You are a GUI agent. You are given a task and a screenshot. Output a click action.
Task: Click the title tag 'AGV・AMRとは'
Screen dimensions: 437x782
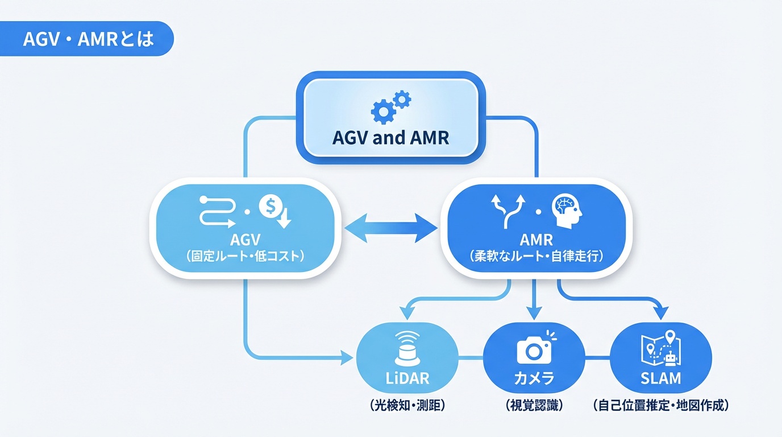(x=88, y=39)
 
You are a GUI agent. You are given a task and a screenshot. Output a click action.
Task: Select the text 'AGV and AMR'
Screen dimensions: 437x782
(x=391, y=138)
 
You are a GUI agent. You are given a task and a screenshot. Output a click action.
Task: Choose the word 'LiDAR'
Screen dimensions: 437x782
(x=406, y=378)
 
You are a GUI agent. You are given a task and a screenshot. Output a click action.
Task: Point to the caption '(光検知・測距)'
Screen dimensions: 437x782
(x=406, y=406)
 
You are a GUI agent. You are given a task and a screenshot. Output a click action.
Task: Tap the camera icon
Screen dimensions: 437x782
(x=534, y=348)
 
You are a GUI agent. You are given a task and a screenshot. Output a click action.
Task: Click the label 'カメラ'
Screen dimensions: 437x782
(x=534, y=378)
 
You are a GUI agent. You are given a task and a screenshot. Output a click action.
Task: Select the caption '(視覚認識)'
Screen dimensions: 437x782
(x=534, y=406)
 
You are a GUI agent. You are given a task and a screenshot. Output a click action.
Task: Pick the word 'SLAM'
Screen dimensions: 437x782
(x=660, y=378)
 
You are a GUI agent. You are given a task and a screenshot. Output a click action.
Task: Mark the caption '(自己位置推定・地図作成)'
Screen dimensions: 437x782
(x=660, y=406)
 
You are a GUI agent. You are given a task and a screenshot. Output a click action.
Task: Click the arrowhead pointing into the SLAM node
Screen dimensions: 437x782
(x=660, y=312)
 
